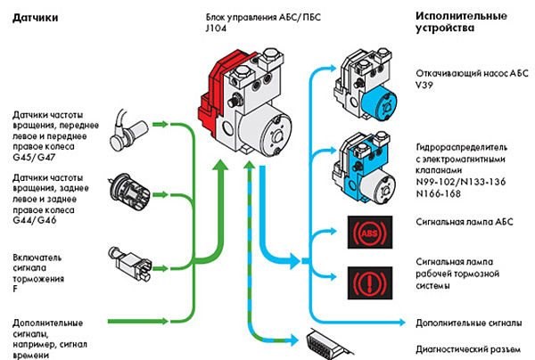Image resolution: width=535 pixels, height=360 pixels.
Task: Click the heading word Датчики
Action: pos(31,19)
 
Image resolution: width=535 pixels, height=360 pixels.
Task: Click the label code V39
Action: pos(424,87)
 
